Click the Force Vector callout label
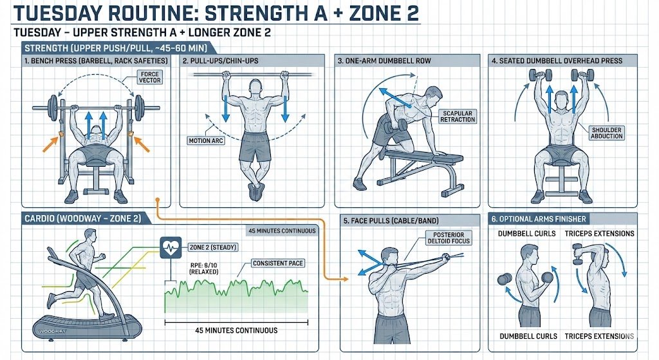coord(150,77)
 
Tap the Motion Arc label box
coord(206,140)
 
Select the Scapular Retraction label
coord(458,117)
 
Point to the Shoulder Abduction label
coord(606,133)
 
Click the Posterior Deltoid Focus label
coord(449,238)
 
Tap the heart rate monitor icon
coord(171,247)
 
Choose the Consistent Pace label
coord(278,263)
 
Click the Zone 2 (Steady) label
coord(212,247)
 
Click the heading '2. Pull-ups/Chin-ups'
coord(221,61)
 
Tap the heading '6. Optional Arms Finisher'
coord(539,219)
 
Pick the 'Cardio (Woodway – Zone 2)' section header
coord(83,219)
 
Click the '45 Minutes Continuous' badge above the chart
coord(282,231)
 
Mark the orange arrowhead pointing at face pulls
coord(345,279)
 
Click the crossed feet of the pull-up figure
coord(255,191)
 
